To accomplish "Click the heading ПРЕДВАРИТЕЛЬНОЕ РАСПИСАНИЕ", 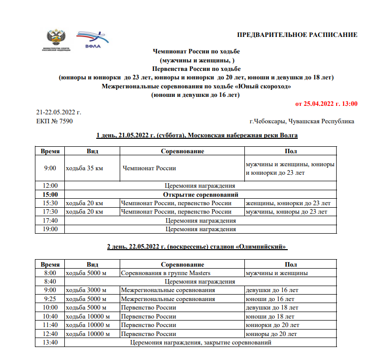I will (x=297, y=34).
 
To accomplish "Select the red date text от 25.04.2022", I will (x=326, y=104).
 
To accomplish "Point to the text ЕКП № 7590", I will (x=54, y=121).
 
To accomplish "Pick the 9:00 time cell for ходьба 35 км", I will (x=50, y=168).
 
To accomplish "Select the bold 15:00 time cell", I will (x=50, y=194).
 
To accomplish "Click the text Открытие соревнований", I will (x=200, y=194).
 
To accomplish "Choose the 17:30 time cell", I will (x=50, y=212).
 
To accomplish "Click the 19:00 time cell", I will (x=50, y=229).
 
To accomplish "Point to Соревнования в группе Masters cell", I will (x=166, y=273).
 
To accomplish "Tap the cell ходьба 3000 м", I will (x=86, y=290).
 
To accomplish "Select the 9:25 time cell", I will (x=50, y=299).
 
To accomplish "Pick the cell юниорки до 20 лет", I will (x=272, y=325).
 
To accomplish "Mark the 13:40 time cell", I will (x=50, y=343).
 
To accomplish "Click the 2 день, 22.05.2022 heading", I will (x=198, y=247).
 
